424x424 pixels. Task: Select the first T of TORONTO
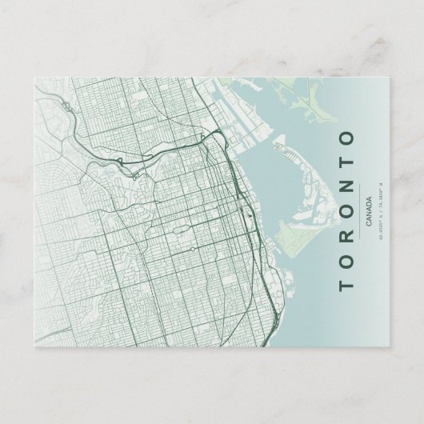click(x=346, y=285)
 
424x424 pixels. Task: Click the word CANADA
click(x=366, y=210)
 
